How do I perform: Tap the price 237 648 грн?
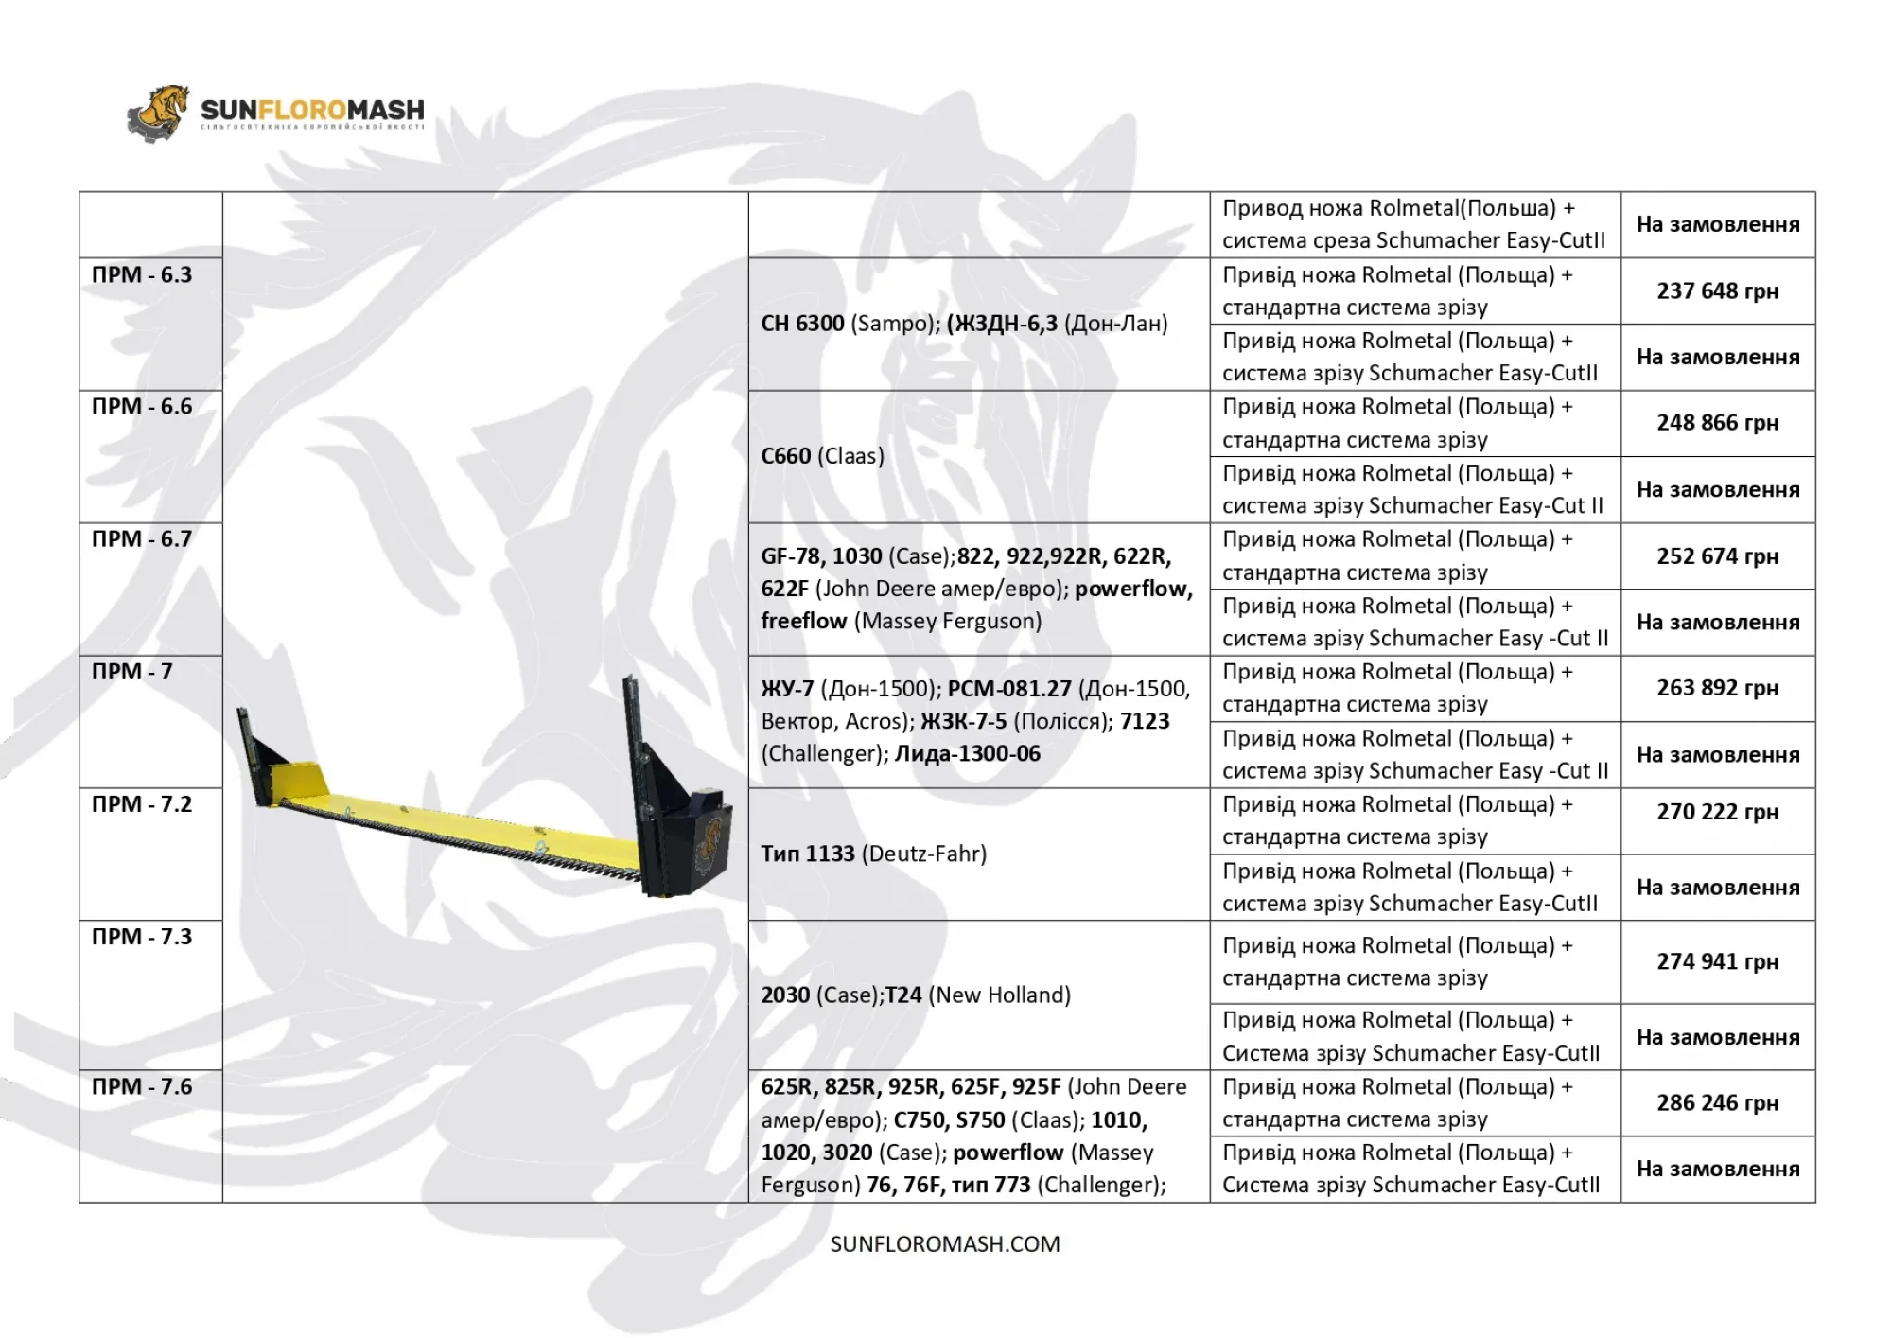pyautogui.click(x=1717, y=291)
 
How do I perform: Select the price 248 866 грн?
pyautogui.click(x=1717, y=423)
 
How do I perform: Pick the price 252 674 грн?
pyautogui.click(x=1717, y=556)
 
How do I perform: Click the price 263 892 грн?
pyautogui.click(x=1717, y=688)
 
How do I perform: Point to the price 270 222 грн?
pyautogui.click(x=1717, y=812)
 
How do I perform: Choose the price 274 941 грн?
pyautogui.click(x=1717, y=961)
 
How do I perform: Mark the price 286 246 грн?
pyautogui.click(x=1717, y=1103)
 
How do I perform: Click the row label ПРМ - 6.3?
pyautogui.click(x=142, y=275)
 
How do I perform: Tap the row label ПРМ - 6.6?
pyautogui.click(x=142, y=407)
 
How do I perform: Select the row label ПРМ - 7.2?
pyautogui.click(x=142, y=804)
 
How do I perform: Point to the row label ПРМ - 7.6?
pyautogui.click(x=142, y=1086)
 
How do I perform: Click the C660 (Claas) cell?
pyautogui.click(x=822, y=456)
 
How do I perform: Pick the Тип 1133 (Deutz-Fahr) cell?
pyautogui.click(x=873, y=854)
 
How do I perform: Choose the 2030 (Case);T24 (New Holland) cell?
pyautogui.click(x=915, y=995)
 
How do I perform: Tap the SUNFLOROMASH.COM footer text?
pyautogui.click(x=945, y=1244)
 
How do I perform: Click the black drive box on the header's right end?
pyautogui.click(x=699, y=842)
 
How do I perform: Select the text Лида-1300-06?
pyautogui.click(x=967, y=754)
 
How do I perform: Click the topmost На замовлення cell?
pyautogui.click(x=1717, y=225)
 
